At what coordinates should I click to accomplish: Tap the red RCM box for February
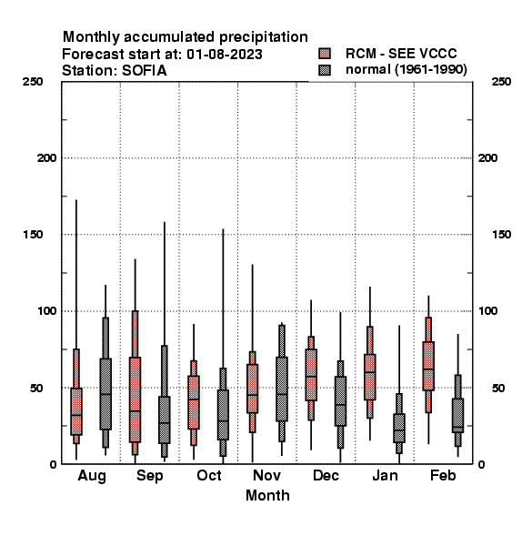428,366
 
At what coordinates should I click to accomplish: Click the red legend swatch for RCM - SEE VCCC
325,54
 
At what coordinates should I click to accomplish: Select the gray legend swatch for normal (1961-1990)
325,70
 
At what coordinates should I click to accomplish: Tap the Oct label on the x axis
209,475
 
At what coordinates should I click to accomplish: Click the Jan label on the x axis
385,475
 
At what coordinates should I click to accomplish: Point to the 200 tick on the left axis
46,158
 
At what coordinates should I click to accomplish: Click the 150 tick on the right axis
501,235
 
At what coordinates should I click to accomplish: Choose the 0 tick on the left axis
53,464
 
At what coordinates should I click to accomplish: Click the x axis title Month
267,495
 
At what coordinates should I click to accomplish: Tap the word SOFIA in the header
145,71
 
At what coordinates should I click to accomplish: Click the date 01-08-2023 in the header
225,55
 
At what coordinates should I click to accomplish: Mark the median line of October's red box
194,399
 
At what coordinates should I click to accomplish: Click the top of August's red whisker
76,200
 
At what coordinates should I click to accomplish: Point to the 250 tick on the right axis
501,82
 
